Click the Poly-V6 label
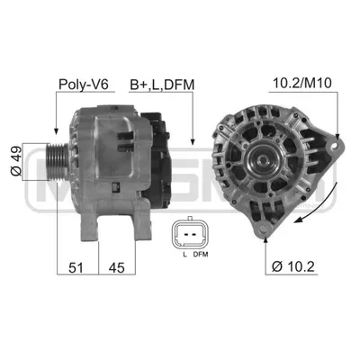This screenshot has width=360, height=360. click(x=83, y=85)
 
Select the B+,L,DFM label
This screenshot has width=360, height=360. click(x=162, y=85)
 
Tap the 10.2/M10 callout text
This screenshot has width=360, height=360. click(x=302, y=83)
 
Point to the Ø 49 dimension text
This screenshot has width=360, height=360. click(x=16, y=161)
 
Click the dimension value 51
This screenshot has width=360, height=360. click(x=76, y=267)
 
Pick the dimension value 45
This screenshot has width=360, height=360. click(x=116, y=267)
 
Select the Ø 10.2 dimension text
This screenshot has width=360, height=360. click(x=293, y=266)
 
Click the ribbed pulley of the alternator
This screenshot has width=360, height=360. click(x=57, y=162)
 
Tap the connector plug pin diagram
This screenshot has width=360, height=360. click(x=189, y=232)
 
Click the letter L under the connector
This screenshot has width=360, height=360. click(x=184, y=255)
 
